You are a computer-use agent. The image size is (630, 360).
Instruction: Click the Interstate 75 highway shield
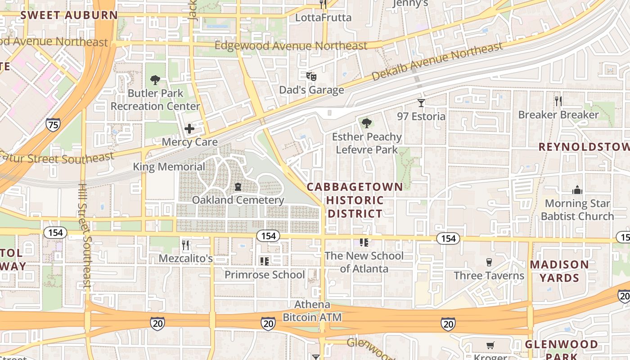click(53, 124)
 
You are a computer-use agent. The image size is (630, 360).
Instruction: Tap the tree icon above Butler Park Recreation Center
click(155, 81)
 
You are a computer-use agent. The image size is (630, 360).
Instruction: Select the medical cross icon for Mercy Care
click(189, 129)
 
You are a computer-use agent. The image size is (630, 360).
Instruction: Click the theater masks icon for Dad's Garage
click(311, 76)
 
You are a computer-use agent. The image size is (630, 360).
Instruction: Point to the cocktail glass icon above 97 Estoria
click(421, 103)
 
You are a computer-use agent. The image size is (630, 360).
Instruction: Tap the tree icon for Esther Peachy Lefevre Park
click(367, 123)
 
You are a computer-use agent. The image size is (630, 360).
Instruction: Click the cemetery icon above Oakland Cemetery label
click(238, 186)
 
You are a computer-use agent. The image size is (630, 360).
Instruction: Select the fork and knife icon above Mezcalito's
click(185, 245)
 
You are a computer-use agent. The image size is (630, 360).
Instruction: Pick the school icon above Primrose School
click(265, 261)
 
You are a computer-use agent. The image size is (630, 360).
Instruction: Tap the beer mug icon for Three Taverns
click(489, 262)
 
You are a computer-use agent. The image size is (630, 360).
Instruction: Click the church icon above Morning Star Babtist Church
click(577, 190)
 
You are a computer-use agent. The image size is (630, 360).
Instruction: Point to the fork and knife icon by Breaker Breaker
click(558, 101)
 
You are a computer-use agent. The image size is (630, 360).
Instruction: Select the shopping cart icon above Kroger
click(490, 346)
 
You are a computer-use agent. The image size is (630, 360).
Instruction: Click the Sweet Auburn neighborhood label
click(69, 15)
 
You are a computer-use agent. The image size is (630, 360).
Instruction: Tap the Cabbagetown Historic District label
click(355, 200)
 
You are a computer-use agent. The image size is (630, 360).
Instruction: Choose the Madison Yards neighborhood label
click(559, 271)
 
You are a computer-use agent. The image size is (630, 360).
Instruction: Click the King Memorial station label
click(169, 167)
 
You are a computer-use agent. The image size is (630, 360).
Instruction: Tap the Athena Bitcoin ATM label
click(312, 311)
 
